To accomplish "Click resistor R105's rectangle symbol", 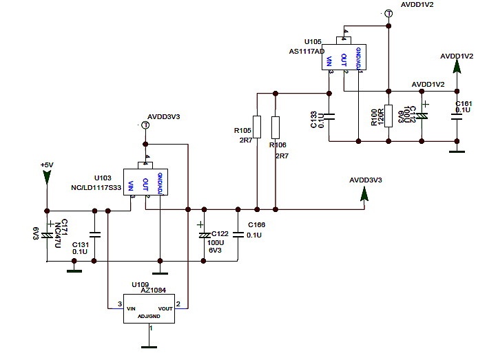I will (256, 127).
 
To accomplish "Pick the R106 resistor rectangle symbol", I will (276, 127).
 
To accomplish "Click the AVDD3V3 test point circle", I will (145, 125).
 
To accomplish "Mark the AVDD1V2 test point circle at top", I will (388, 13).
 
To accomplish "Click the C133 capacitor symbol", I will (330, 115).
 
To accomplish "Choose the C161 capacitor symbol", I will (456, 115).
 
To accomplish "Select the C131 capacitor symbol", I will (95, 235).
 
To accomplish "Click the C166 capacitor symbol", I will (238, 234).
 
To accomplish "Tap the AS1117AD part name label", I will (308, 51).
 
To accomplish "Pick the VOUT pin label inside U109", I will (165, 309).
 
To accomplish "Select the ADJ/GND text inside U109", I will (149, 317).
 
